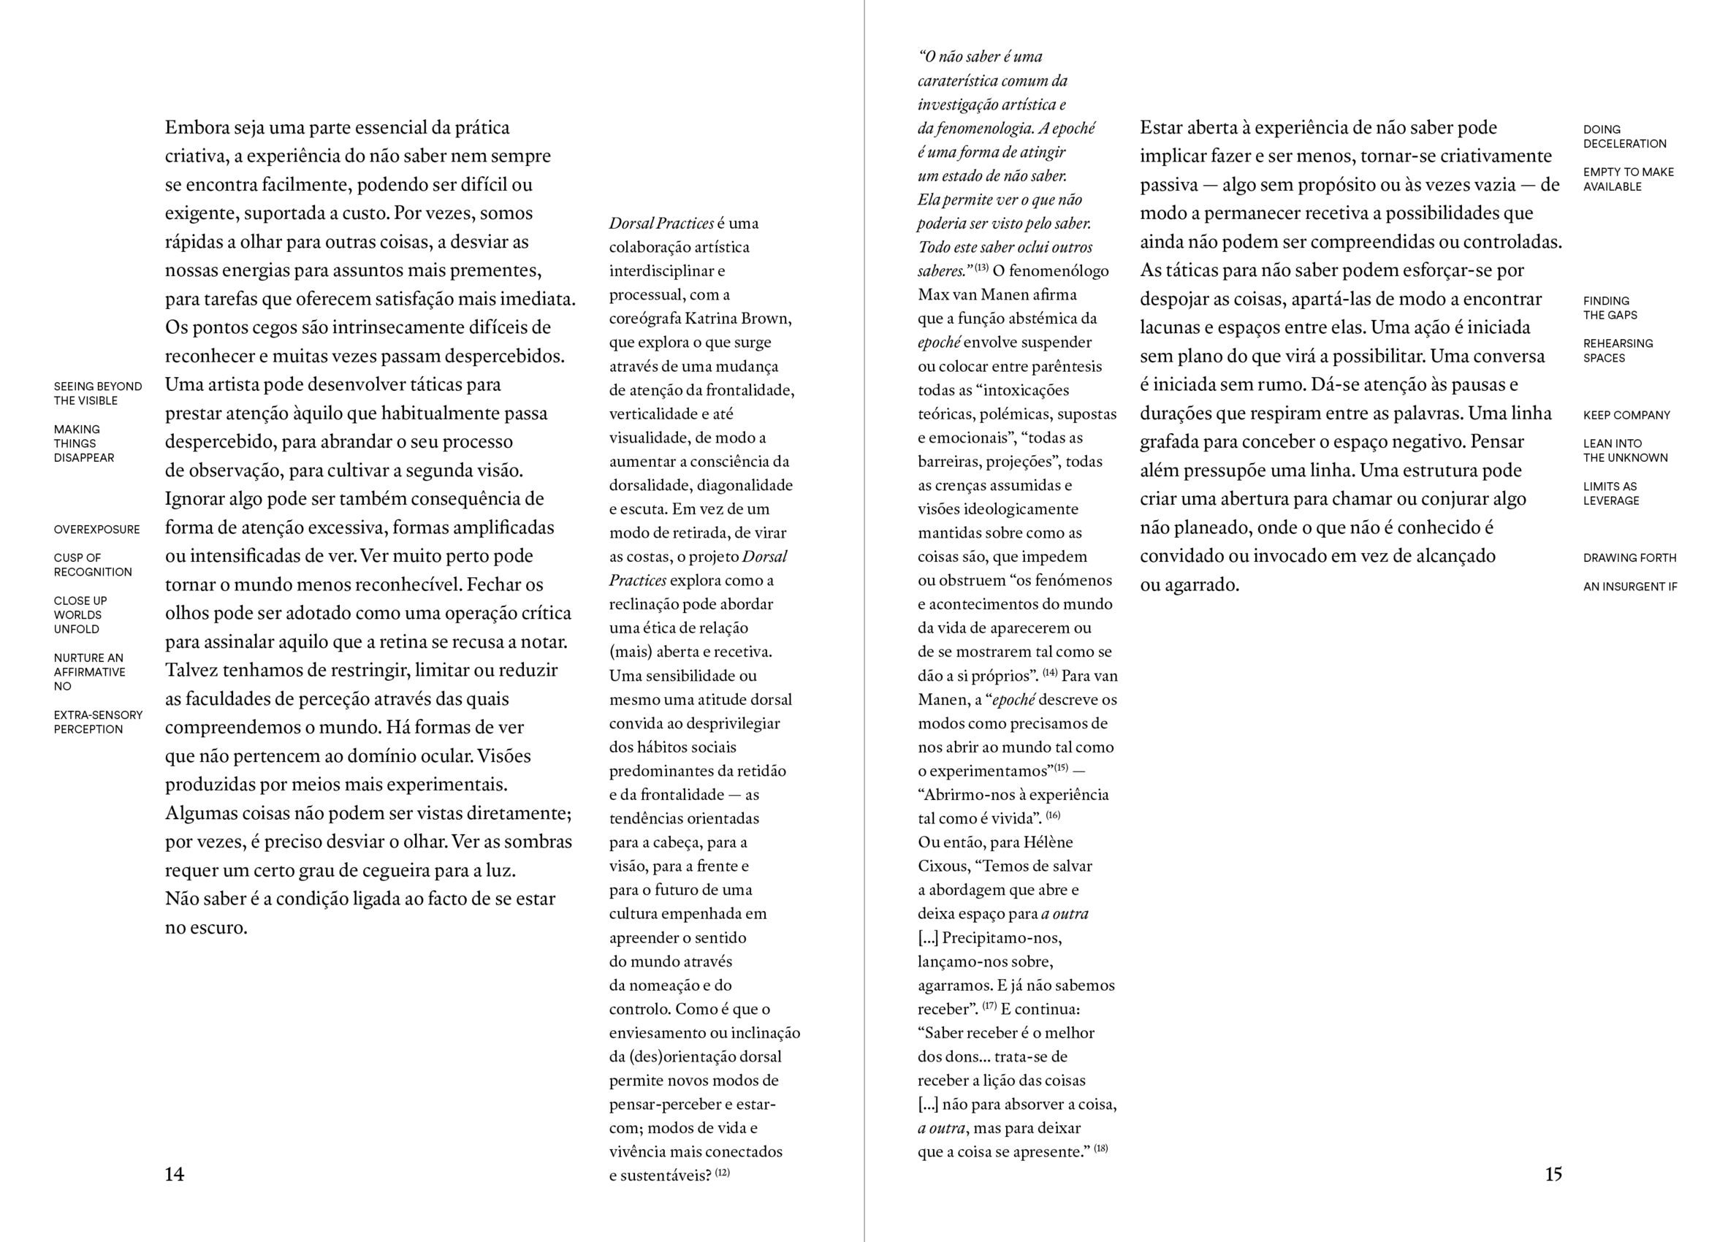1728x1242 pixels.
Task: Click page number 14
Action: [175, 1174]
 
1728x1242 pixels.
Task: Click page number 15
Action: [1553, 1174]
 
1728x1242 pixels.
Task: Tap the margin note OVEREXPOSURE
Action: [96, 530]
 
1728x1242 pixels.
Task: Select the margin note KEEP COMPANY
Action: [1626, 415]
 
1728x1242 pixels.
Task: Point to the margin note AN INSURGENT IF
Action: [1629, 587]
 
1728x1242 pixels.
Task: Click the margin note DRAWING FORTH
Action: [1629, 557]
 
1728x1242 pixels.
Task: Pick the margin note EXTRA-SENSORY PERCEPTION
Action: [97, 723]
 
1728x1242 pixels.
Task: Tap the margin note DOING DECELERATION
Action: [1624, 137]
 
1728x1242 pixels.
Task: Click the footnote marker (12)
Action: [723, 1173]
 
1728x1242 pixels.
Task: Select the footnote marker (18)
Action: [1100, 1148]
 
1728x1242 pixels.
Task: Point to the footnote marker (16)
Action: [1053, 815]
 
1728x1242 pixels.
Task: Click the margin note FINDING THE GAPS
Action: [1610, 308]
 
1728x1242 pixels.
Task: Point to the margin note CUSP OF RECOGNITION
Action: [92, 565]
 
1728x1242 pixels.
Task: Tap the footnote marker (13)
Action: [981, 268]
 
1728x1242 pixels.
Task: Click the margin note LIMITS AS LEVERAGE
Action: [1610, 494]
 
